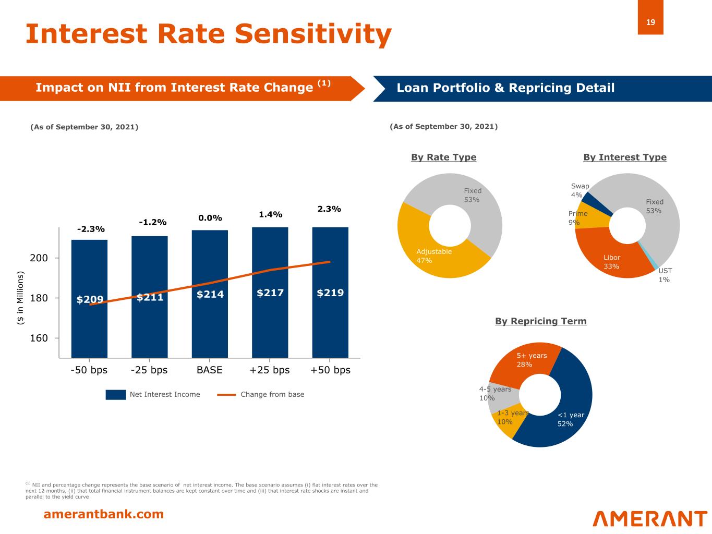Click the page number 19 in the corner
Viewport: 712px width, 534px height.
(650, 22)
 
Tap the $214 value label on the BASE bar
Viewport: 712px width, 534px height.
(210, 294)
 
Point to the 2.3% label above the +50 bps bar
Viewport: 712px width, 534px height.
(329, 209)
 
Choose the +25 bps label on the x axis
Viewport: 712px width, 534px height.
(269, 370)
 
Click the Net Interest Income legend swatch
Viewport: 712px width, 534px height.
(115, 395)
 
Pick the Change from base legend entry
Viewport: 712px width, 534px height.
(261, 395)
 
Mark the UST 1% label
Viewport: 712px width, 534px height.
(665, 275)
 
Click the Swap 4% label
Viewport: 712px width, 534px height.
(579, 190)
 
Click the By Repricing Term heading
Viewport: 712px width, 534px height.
(540, 321)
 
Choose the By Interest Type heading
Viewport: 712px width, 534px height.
(624, 157)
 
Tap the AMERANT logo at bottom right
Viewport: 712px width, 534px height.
(650, 519)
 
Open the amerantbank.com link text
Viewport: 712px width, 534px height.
(103, 515)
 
